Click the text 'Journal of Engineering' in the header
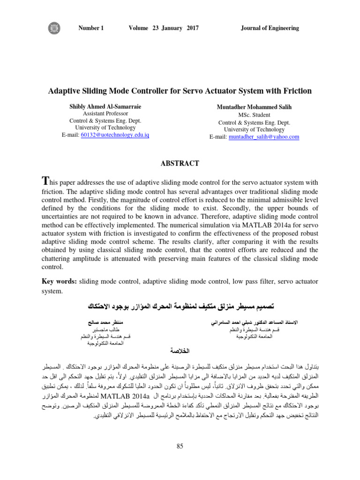coord(270,28)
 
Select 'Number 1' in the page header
coord(91,28)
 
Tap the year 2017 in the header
coord(192,28)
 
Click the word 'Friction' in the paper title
coord(295,90)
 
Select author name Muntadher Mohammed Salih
coord(254,107)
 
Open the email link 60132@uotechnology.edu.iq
coord(115,135)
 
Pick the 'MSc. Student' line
coord(254,115)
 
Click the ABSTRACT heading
coord(180,164)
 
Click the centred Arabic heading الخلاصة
coord(180,351)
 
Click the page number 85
coord(180,446)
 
